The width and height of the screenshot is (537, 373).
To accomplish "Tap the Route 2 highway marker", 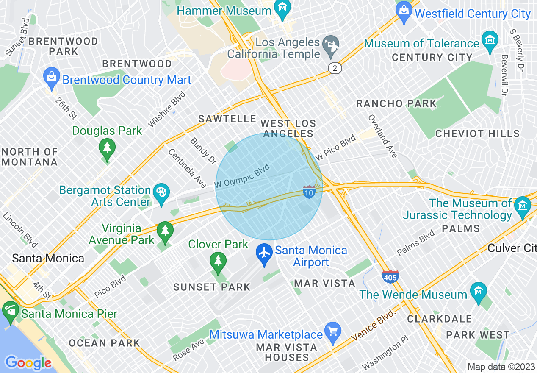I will pos(335,68).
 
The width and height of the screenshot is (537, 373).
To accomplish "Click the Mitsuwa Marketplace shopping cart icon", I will pos(332,331).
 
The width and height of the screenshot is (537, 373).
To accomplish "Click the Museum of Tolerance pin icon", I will pos(490,41).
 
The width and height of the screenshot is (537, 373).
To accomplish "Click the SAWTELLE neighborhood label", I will pos(227,119).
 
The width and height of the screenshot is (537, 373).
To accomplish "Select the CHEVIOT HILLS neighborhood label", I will pos(477,134).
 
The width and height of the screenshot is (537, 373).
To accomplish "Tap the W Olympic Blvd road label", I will pos(242,176).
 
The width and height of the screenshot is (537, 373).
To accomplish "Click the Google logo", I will pos(28,363).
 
